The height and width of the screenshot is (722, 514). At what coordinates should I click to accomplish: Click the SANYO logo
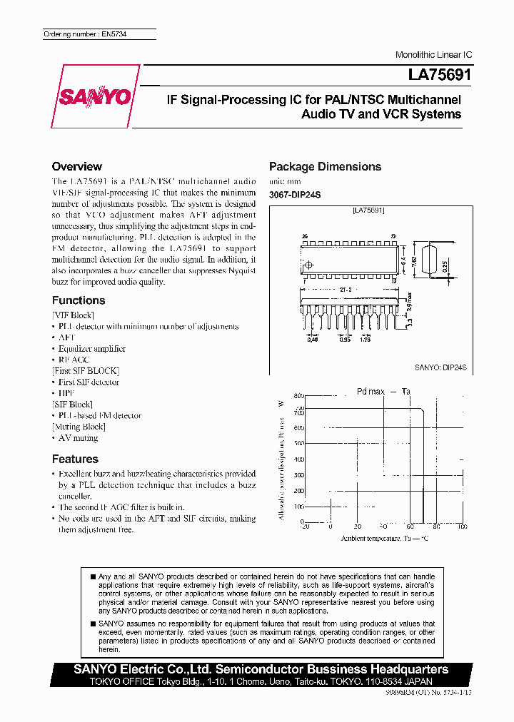96,96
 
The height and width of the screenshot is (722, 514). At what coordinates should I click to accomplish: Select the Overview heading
77,166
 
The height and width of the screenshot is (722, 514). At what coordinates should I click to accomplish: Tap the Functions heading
79,300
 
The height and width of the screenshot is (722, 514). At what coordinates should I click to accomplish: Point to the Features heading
75,459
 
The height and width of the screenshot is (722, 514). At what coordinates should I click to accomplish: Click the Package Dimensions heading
325,166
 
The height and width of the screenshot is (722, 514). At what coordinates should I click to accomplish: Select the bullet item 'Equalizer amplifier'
92,348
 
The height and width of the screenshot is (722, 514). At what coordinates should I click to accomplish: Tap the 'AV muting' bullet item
78,438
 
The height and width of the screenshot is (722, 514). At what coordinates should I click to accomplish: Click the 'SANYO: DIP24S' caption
440,367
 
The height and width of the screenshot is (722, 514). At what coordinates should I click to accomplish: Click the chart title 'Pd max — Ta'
383,391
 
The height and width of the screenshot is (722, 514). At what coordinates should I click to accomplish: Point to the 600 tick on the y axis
299,427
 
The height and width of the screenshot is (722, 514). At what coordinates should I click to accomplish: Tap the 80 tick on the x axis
435,526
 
